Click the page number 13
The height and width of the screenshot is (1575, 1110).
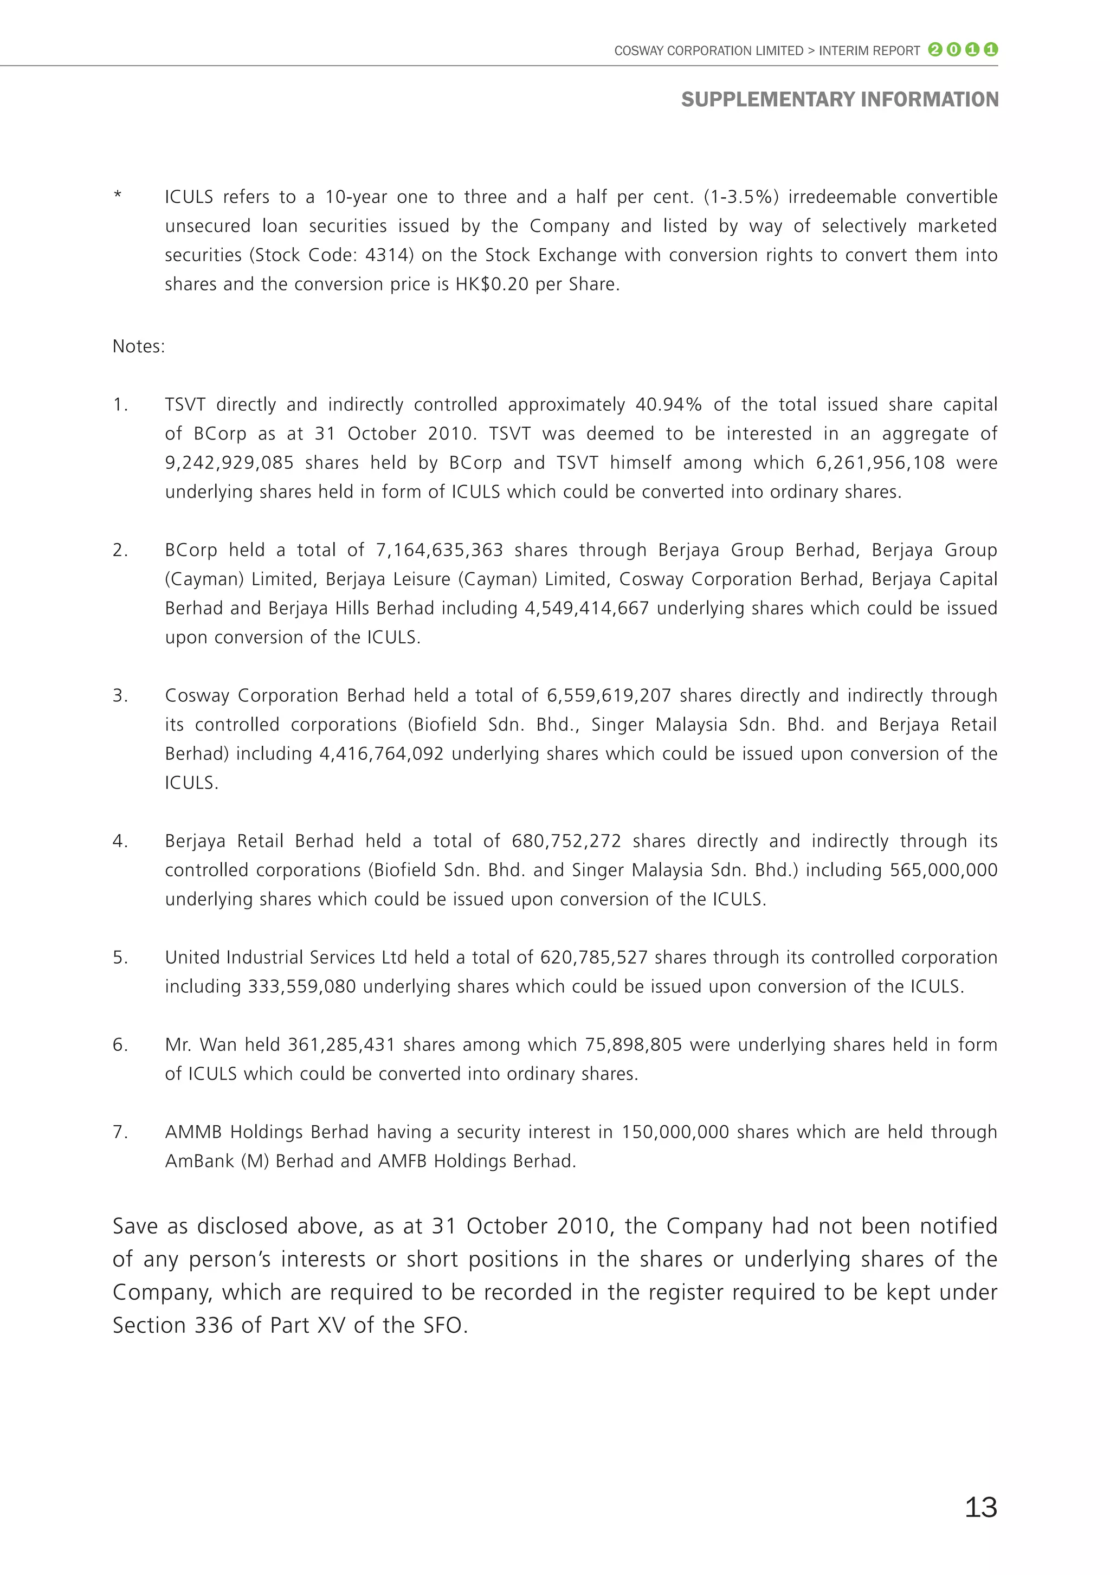coord(980,1507)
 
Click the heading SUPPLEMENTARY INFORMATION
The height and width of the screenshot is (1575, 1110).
coord(839,100)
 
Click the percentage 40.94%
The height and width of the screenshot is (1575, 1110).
coord(668,405)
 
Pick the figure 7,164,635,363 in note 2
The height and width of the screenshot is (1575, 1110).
coord(439,550)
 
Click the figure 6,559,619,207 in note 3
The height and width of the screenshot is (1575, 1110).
coord(609,695)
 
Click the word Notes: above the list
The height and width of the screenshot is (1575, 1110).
coord(139,346)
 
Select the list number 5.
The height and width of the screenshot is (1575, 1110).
coord(119,958)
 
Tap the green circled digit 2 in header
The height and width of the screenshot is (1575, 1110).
coord(934,49)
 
